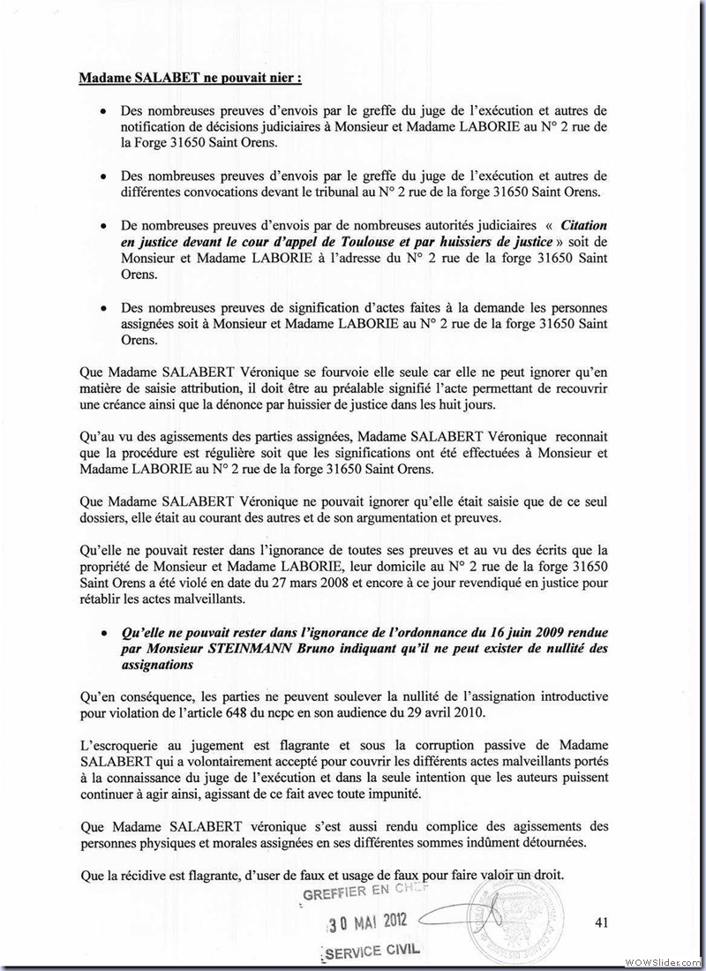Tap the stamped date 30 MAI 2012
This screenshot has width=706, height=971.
pos(364,924)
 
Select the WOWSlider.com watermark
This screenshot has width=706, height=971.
pos(663,960)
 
